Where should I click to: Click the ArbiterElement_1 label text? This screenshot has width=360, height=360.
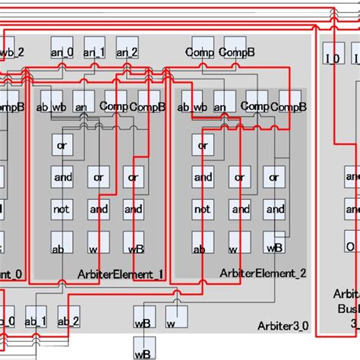120,273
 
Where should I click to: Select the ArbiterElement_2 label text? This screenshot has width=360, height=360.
262,273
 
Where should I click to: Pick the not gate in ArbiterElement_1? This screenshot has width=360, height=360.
62,209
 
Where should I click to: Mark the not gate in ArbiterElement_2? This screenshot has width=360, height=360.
203,209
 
